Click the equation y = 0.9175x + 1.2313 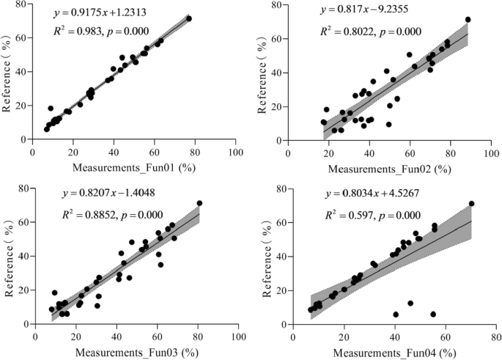coord(110,13)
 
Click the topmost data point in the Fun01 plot coord(188,18)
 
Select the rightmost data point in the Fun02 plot coord(468,20)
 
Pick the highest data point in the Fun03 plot coord(199,203)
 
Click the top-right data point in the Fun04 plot coord(471,204)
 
